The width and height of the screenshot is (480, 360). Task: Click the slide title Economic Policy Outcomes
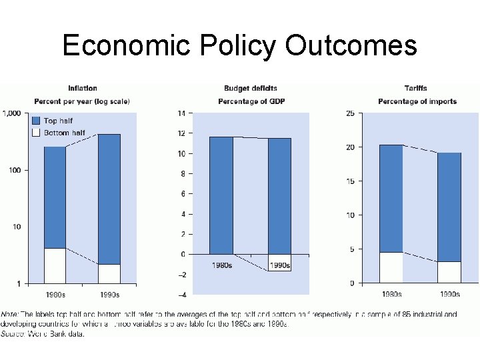tap(239, 45)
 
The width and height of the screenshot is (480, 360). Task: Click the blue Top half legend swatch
tap(37, 121)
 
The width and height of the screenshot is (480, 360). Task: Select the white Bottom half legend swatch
tap(37, 133)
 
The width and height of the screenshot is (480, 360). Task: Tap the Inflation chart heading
tap(82, 88)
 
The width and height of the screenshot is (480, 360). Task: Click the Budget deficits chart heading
tap(250, 88)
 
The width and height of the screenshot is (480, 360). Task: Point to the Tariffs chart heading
tap(417, 88)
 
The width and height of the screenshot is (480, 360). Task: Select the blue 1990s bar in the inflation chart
tap(109, 199)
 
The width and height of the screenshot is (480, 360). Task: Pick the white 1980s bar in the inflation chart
tap(55, 265)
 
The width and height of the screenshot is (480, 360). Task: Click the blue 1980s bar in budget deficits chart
tap(221, 195)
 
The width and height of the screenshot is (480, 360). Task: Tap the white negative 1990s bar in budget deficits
tap(279, 263)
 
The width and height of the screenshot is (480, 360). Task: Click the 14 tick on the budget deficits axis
tap(181, 113)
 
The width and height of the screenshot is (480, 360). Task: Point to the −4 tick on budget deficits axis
tap(181, 295)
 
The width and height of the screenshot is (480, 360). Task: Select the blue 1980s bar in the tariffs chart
tap(391, 198)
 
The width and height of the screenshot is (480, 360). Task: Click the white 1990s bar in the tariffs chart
tap(449, 272)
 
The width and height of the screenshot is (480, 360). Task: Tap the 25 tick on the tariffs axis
tap(350, 113)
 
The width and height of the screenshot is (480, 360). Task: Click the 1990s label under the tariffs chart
tap(449, 294)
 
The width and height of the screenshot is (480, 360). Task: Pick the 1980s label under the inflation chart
tap(55, 294)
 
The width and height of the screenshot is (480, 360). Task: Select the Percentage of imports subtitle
tap(417, 101)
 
